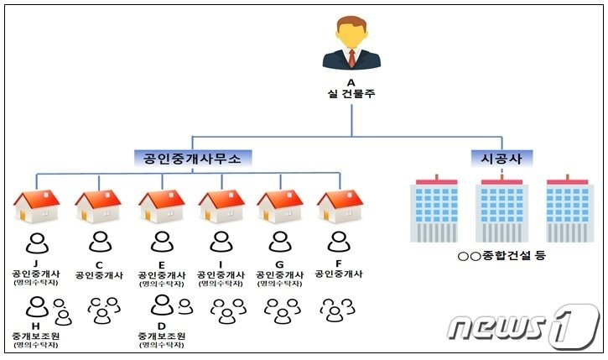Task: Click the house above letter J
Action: [37, 206]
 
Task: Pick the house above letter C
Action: [99, 206]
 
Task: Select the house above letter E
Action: [161, 206]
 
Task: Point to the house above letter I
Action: [221, 206]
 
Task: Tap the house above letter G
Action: [279, 206]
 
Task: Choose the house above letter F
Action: [339, 206]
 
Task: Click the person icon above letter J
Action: [37, 243]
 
